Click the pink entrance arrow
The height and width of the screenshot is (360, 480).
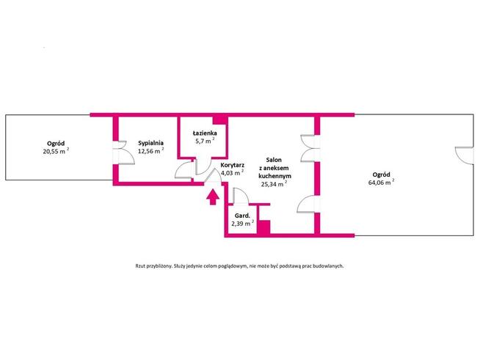pos(213,197)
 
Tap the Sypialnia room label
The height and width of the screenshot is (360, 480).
pos(150,143)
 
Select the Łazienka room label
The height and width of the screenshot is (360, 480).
pos(205,133)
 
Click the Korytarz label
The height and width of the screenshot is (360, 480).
pos(233,165)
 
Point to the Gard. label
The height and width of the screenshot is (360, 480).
pos(242,216)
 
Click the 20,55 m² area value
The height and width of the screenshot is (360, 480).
pos(56,151)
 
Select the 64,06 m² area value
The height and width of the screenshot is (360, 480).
pos(381,183)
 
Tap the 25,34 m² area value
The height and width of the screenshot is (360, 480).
pos(274,184)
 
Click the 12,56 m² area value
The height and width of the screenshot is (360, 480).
pos(151,151)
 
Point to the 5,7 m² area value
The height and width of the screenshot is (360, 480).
pos(205,141)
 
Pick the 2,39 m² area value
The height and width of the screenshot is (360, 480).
pos(242,224)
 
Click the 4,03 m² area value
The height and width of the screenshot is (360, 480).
pos(233,173)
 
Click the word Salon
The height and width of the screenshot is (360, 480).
pos(274,160)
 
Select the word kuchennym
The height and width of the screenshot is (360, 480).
pos(274,176)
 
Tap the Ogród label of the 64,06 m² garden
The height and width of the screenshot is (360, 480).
pos(381,175)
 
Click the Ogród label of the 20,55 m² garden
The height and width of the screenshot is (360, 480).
pos(56,143)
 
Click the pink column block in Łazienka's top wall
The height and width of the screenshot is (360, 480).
pos(219,120)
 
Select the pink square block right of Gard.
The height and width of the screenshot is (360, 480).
pos(263,227)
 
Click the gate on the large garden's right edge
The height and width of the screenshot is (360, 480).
pos(463,155)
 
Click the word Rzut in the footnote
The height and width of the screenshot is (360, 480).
pos(140,266)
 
